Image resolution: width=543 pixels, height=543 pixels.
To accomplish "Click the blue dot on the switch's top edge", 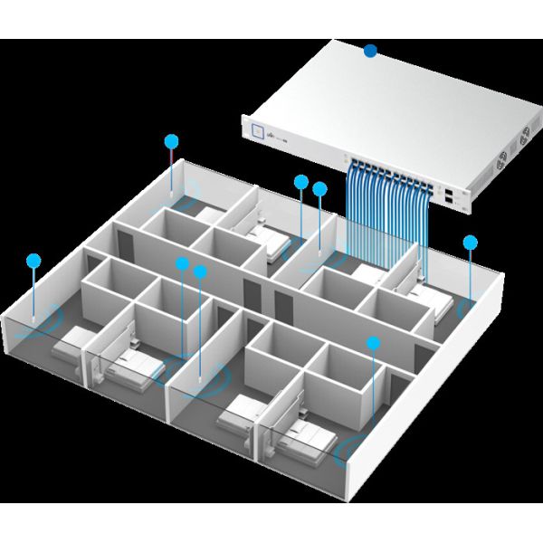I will (x=369, y=52).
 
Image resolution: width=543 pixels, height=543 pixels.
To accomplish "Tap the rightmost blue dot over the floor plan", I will (x=470, y=242).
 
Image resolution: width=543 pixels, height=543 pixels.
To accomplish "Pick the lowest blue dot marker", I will (x=372, y=343).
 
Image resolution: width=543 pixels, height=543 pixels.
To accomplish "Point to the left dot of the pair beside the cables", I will (x=301, y=182).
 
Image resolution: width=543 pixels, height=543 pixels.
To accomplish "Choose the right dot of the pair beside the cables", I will (x=319, y=188).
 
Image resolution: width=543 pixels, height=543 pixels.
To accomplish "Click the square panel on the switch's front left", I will (x=262, y=130).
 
